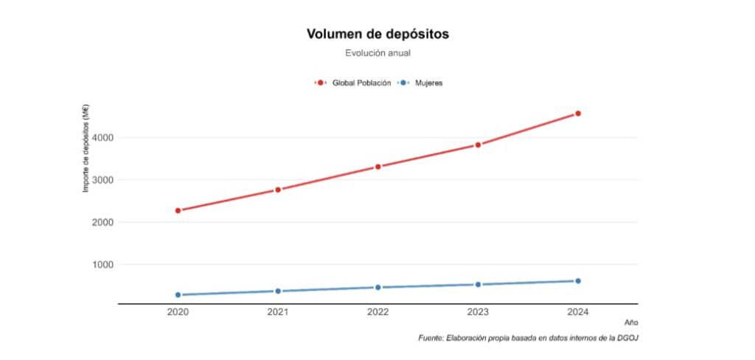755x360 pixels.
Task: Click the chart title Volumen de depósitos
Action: click(377, 34)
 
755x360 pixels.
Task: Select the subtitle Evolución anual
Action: click(377, 53)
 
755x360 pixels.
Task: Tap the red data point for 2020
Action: click(178, 210)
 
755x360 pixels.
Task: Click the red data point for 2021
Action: click(278, 190)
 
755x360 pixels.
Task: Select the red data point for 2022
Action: click(378, 167)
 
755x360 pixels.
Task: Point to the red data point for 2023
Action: click(478, 145)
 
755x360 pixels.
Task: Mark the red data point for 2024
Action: click(578, 114)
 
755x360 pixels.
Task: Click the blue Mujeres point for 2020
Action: click(178, 295)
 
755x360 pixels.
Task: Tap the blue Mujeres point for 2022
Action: click(378, 287)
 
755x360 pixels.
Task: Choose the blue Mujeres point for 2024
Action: click(578, 281)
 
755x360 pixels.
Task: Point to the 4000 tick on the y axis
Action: click(102, 138)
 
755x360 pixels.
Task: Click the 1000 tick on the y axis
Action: click(102, 265)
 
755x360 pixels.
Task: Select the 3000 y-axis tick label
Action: click(102, 180)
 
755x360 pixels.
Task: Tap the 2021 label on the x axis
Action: click(278, 313)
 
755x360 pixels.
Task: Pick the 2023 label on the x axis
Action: click(478, 313)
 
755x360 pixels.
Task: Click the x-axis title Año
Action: click(631, 322)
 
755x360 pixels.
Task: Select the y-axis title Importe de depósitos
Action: click(86, 149)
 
